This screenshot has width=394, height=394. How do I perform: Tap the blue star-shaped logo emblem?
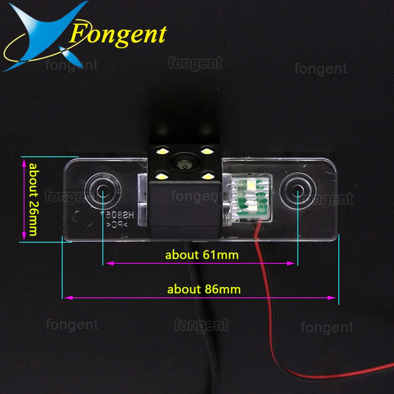[x=46, y=35]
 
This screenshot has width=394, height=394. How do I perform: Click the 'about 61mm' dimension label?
[x=202, y=255]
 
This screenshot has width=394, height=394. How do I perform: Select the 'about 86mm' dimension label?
[x=204, y=289]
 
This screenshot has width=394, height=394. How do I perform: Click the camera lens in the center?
[x=183, y=165]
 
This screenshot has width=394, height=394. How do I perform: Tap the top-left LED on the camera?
[x=161, y=151]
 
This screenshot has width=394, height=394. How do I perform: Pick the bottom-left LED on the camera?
[x=161, y=177]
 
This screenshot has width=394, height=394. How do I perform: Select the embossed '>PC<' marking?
[x=114, y=225]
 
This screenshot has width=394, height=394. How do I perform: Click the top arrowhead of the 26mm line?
[x=23, y=162]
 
